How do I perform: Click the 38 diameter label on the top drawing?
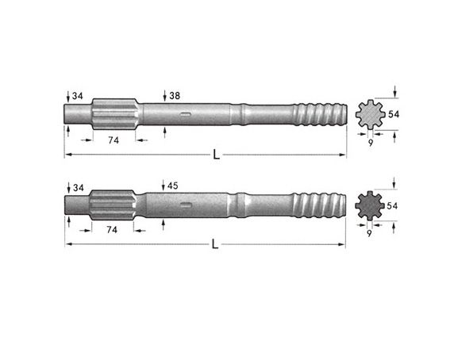click(175, 96)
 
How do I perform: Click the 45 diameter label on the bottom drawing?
click(172, 186)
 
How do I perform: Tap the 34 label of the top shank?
click(78, 96)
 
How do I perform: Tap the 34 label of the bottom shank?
click(79, 188)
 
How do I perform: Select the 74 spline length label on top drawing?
click(114, 140)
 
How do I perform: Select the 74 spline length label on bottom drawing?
click(112, 230)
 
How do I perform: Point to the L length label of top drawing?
click(216, 155)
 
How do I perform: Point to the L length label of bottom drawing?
click(215, 244)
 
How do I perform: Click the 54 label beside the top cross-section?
click(394, 114)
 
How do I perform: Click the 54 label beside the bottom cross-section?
click(392, 206)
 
